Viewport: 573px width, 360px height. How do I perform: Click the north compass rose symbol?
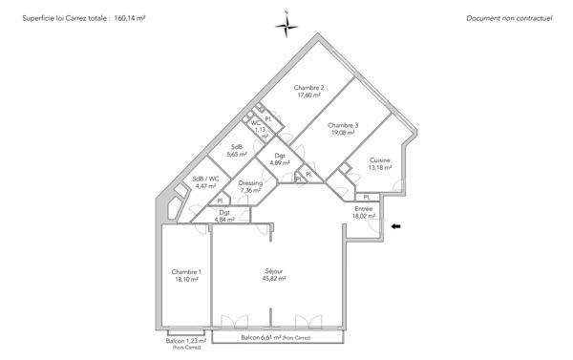click(286, 26)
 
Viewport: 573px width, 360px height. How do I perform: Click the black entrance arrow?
click(396, 226)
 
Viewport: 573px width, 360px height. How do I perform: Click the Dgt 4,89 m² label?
click(280, 159)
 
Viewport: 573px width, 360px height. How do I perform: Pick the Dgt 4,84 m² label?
click(224, 216)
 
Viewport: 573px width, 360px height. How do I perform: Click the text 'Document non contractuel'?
click(509, 18)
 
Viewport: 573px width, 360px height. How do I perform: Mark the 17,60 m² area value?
click(309, 95)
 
